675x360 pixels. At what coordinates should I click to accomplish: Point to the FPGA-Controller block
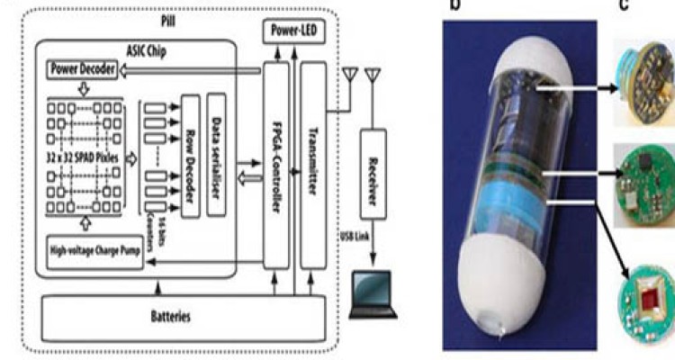274,166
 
